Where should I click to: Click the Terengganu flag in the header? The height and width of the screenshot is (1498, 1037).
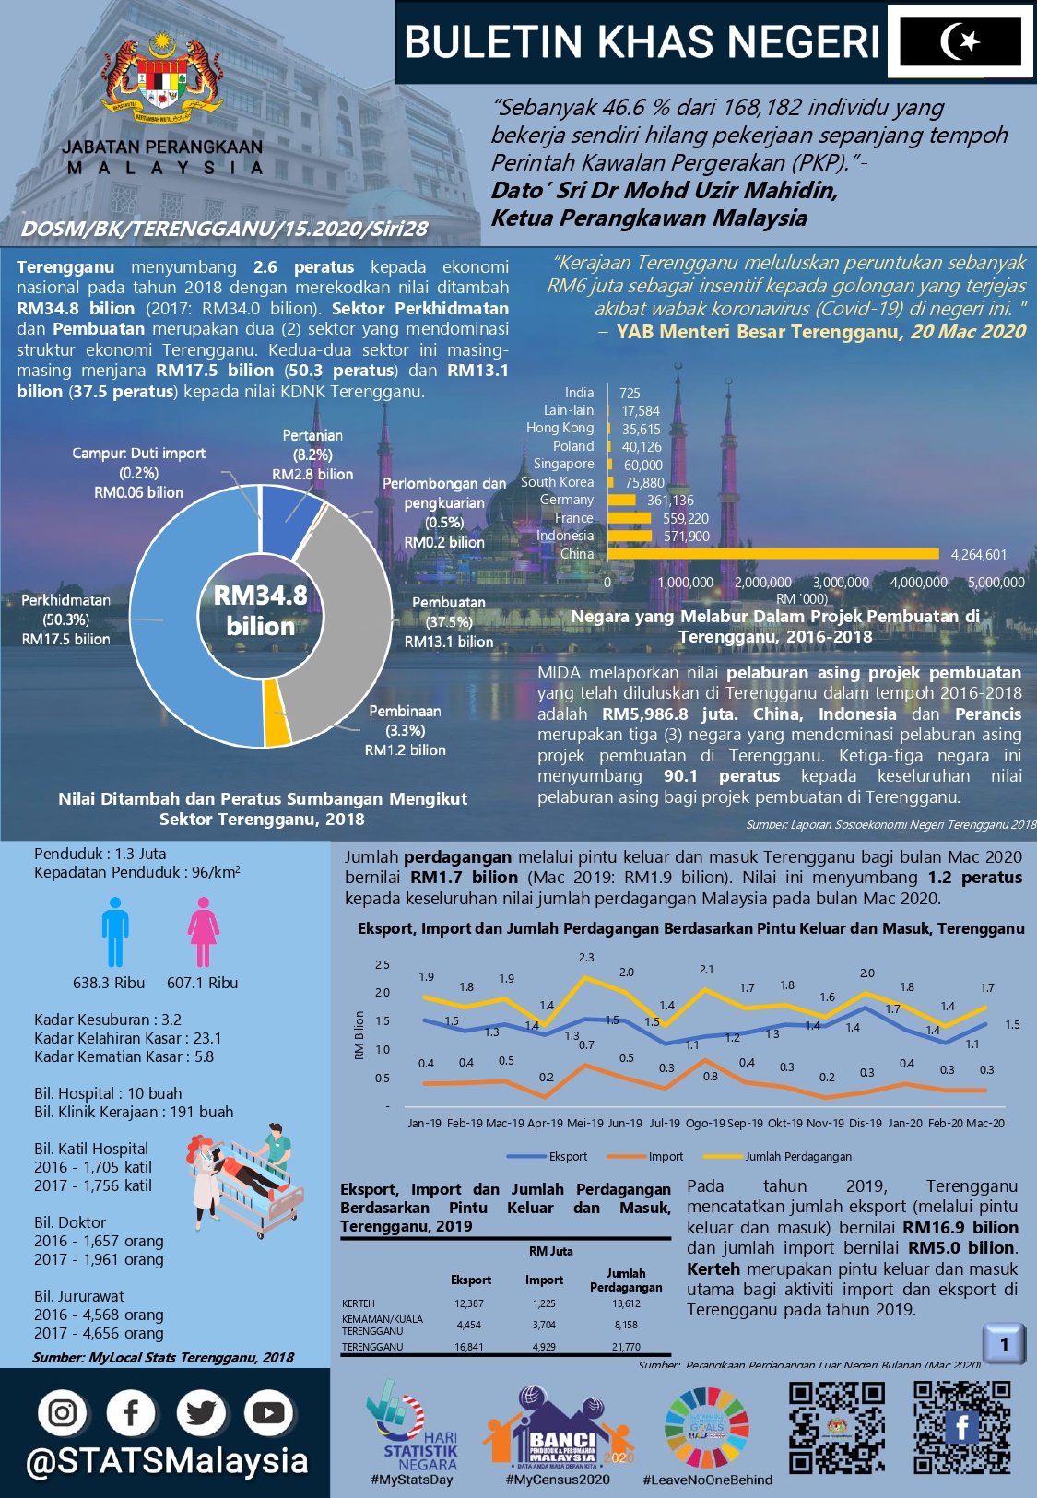pyautogui.click(x=960, y=41)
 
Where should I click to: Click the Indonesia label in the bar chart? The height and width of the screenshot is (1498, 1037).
pyautogui.click(x=565, y=536)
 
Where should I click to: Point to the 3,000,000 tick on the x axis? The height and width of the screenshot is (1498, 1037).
pyautogui.click(x=840, y=583)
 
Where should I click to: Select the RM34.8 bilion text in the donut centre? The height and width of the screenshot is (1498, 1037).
pyautogui.click(x=260, y=610)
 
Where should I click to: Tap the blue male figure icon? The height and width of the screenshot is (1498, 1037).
pyautogui.click(x=115, y=932)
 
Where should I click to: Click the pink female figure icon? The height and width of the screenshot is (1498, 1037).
pyautogui.click(x=203, y=932)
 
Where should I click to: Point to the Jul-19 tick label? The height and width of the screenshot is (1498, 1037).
pyautogui.click(x=665, y=1124)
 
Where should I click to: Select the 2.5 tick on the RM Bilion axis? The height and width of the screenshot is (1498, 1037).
pyautogui.click(x=382, y=965)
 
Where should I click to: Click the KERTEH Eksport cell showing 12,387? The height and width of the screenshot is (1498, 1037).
pyautogui.click(x=469, y=1303)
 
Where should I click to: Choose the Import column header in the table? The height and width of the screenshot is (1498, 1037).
pyautogui.click(x=544, y=1280)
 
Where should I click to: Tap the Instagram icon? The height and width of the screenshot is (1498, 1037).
pyautogui.click(x=63, y=1412)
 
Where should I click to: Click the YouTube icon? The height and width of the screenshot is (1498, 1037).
pyautogui.click(x=267, y=1412)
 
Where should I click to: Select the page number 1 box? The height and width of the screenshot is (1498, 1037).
pyautogui.click(x=1004, y=1344)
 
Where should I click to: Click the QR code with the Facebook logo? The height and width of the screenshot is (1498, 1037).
pyautogui.click(x=961, y=1426)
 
